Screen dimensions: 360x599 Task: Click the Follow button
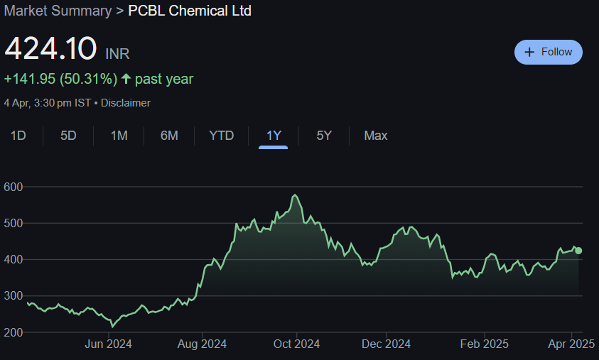pos(548,52)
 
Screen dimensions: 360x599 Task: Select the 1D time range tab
pos(18,135)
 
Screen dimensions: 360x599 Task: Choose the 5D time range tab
pos(68,135)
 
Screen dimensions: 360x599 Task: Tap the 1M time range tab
pos(119,135)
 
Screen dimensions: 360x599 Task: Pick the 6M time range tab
pos(169,135)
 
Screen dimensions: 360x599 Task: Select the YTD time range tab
pos(221,135)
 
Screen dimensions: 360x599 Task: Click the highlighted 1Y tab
pos(274,135)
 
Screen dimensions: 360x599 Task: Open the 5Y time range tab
pos(324,135)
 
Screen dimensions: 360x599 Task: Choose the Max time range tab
pos(376,135)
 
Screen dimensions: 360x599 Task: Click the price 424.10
pos(50,48)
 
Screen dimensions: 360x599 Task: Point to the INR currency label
pos(117,54)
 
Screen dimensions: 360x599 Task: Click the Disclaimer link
pos(126,103)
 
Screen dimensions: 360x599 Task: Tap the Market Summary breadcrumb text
pos(58,11)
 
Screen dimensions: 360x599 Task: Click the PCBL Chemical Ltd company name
pos(190,11)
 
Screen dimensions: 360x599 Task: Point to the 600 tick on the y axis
pos(14,187)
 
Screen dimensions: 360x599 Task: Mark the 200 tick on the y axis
pos(14,332)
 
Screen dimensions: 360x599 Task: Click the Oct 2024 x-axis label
pos(296,344)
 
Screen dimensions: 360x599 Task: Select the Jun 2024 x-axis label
pos(108,344)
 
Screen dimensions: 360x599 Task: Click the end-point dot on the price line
pos(578,251)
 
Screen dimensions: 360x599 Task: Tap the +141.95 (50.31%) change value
pos(60,79)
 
